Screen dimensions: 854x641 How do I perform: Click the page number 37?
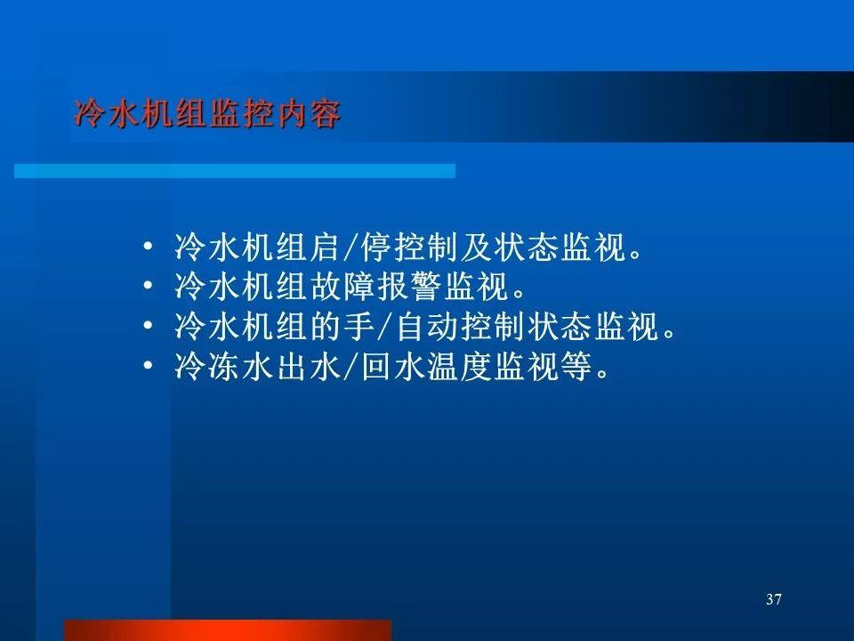(773, 599)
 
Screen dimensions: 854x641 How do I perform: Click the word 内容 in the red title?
(309, 114)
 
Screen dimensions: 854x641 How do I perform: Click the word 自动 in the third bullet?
(428, 327)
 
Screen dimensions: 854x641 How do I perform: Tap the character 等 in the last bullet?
(576, 366)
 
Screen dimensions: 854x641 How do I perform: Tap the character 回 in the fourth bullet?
(376, 366)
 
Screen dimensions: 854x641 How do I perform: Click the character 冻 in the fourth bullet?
(224, 366)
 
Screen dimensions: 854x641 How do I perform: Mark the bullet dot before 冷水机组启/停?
(149, 247)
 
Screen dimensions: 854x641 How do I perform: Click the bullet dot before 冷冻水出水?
(149, 365)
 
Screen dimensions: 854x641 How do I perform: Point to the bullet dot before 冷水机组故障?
(149, 286)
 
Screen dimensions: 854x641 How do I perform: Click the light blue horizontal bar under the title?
(235, 171)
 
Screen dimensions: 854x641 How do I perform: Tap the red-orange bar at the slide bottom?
(228, 630)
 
